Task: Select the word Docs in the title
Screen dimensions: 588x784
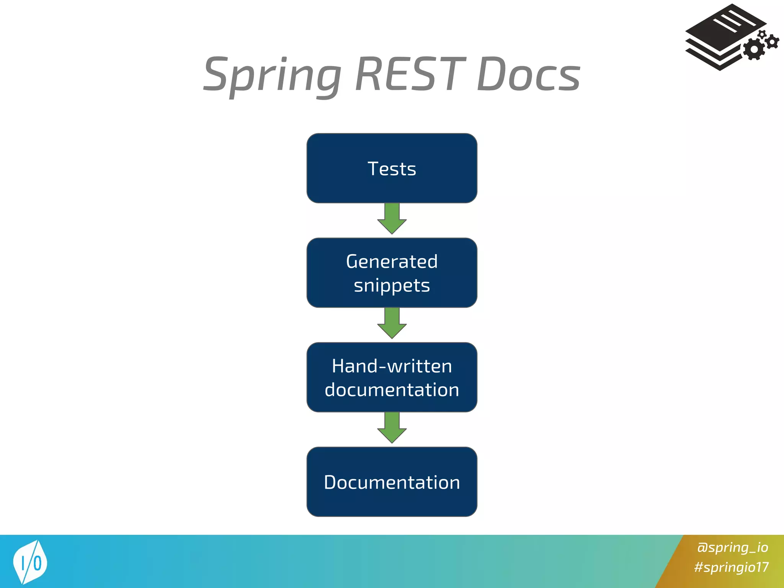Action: [528, 75]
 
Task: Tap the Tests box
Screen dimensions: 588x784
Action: [392, 168]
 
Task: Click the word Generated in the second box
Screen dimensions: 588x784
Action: [392, 261]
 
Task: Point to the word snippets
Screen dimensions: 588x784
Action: [392, 286]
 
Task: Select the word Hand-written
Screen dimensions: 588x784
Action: [392, 366]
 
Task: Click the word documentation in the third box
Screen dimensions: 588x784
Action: [392, 390]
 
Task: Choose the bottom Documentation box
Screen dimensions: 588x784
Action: [392, 482]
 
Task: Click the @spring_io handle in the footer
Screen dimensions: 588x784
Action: [732, 547]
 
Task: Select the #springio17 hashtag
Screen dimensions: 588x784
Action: [731, 567]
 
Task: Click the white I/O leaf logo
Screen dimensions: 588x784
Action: [30, 562]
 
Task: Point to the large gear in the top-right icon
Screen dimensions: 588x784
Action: [754, 49]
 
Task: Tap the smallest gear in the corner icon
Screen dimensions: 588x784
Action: [762, 34]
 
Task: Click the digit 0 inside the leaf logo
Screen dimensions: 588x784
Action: [38, 563]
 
